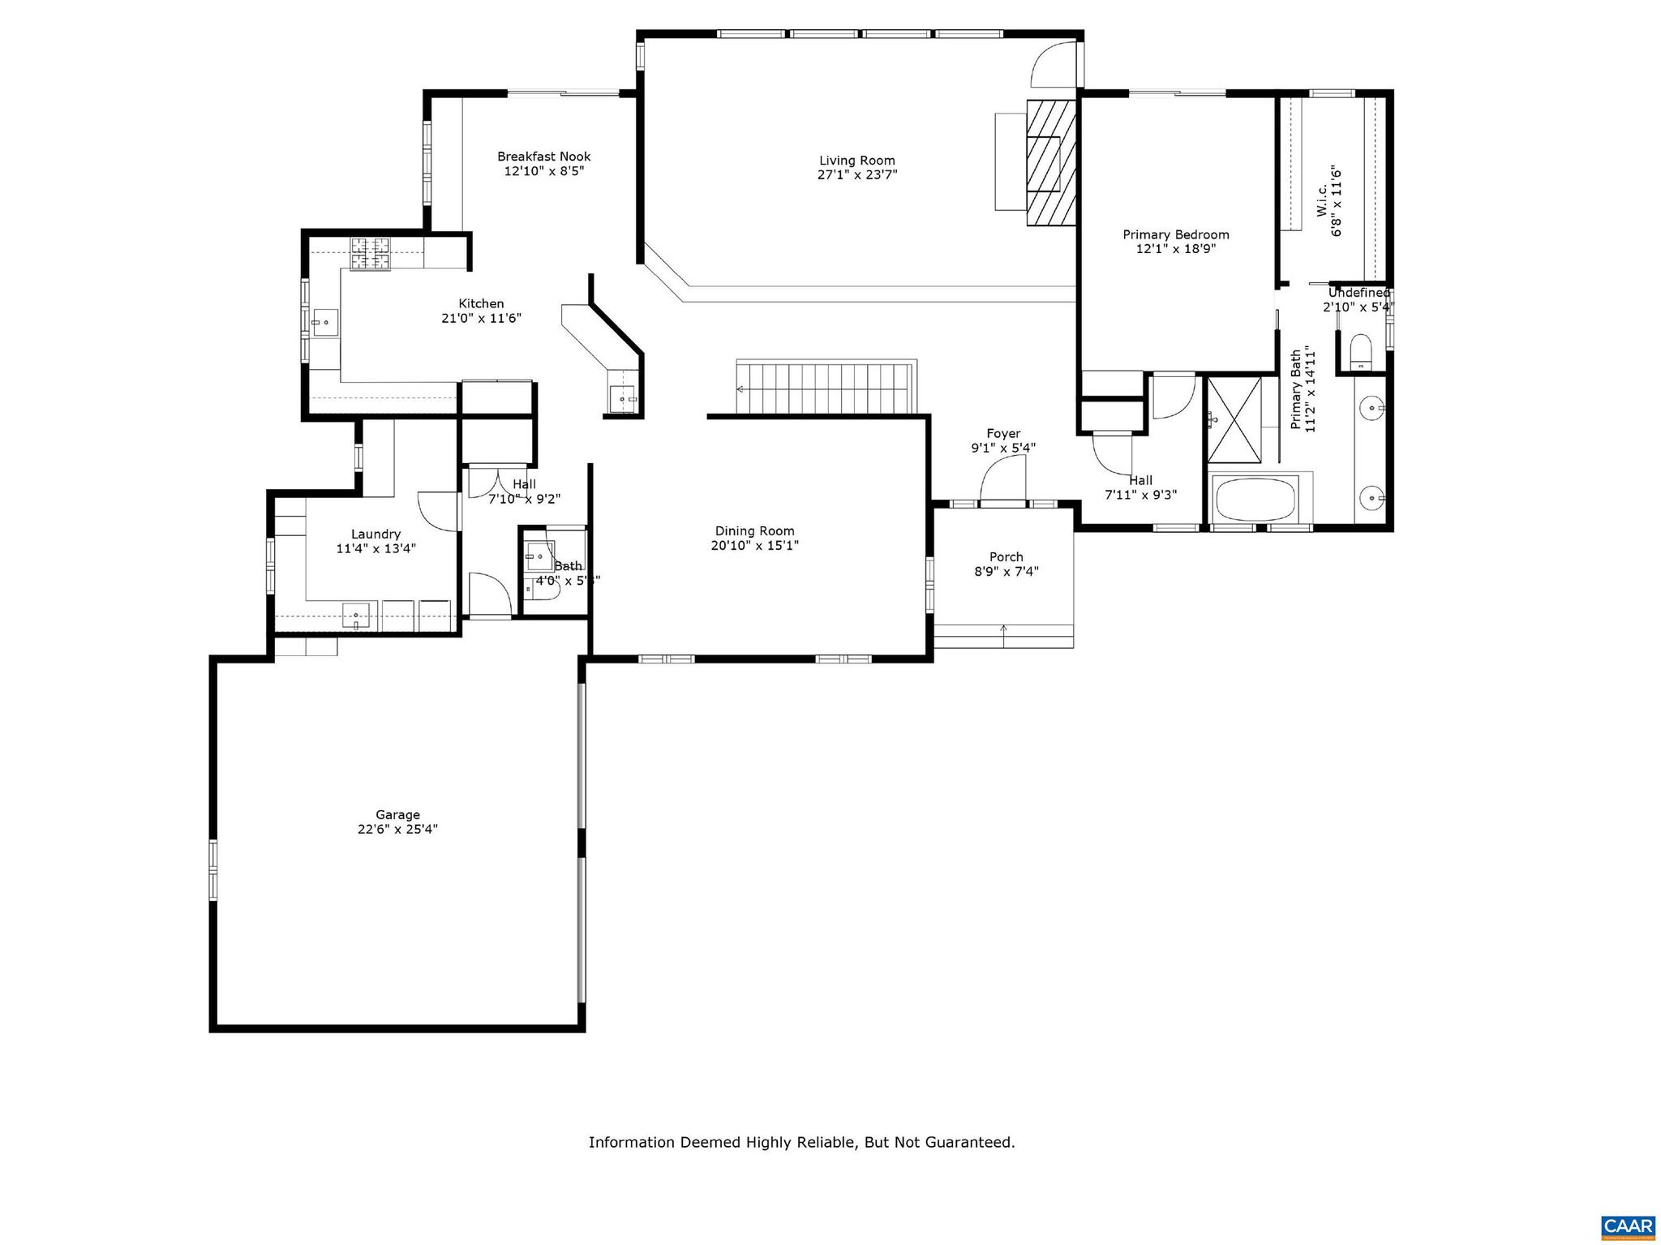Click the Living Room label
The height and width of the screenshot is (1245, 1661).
856,161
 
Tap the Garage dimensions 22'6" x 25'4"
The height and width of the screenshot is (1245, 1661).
397,830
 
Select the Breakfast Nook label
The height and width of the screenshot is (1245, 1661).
543,157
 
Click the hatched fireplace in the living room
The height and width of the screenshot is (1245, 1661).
1051,161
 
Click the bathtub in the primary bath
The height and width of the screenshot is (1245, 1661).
1254,498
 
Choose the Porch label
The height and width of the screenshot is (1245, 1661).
1006,557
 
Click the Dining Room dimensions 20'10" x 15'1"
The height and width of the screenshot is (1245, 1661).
754,546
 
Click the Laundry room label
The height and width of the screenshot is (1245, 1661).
376,534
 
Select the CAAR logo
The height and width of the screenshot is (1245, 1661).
1628,1227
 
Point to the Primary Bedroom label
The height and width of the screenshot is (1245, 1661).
1175,234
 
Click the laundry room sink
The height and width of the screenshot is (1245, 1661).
355,617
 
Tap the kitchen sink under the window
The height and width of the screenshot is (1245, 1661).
325,323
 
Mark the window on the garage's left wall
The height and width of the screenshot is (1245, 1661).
213,869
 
